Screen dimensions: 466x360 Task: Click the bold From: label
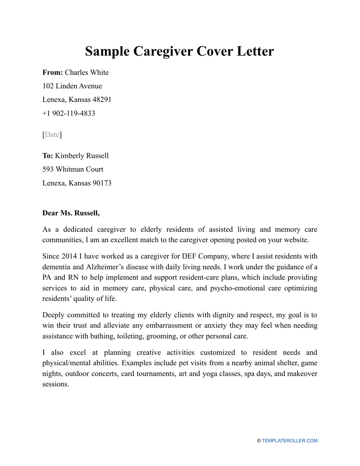pyautogui.click(x=53, y=72)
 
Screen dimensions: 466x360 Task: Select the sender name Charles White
pyautogui.click(x=87, y=72)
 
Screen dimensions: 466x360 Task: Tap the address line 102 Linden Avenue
pyautogui.click(x=72, y=86)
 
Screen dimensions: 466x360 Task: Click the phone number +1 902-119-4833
pyautogui.click(x=69, y=113)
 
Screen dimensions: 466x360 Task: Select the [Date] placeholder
pyautogui.click(x=52, y=134)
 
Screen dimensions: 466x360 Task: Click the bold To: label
pyautogui.click(x=48, y=156)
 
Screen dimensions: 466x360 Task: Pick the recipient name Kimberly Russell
pyautogui.click(x=82, y=156)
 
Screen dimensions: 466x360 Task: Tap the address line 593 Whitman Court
pyautogui.click(x=73, y=169)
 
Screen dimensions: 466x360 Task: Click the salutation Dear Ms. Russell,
pyautogui.click(x=71, y=213)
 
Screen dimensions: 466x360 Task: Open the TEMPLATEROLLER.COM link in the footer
pyautogui.click(x=290, y=441)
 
